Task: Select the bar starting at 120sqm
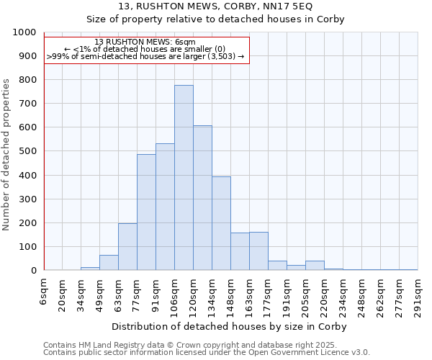point(202,198)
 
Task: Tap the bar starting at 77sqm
point(146,212)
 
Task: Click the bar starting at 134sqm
point(221,223)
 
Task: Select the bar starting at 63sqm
point(127,247)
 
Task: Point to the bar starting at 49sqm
point(109,263)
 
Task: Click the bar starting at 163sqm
point(258,251)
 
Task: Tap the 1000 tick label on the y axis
point(24,33)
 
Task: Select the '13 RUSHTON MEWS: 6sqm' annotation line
point(145,42)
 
